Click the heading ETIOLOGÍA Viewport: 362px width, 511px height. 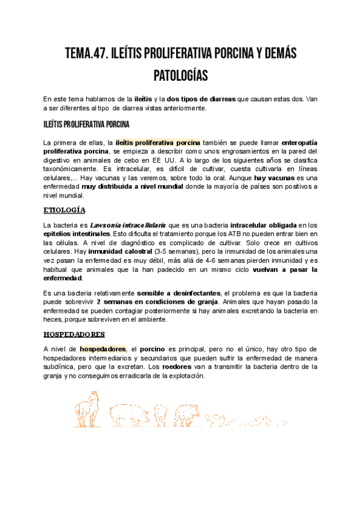coord(65,210)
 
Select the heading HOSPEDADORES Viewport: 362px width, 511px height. coord(74,334)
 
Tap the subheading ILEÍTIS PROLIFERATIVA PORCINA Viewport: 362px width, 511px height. coord(86,125)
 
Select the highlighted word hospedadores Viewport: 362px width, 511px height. coord(103,349)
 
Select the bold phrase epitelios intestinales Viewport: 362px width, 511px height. coord(73,234)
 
